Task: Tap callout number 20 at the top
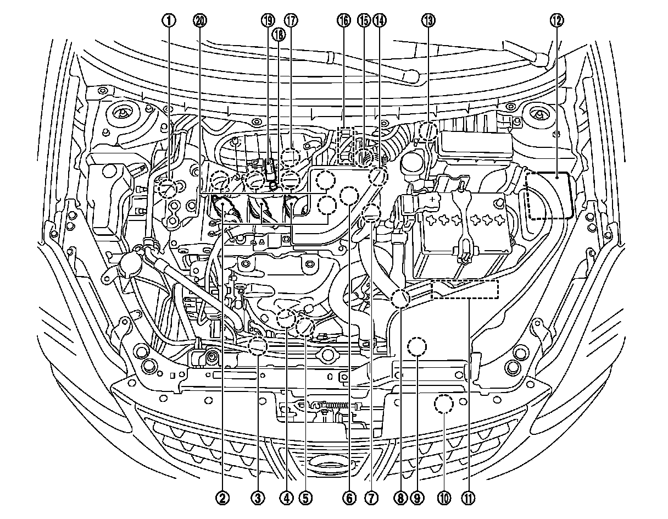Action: click(x=200, y=21)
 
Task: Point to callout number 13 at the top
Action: click(x=428, y=21)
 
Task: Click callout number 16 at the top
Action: click(x=343, y=21)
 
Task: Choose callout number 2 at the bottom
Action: click(x=222, y=498)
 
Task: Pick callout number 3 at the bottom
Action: click(x=258, y=498)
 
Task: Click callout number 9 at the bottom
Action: click(x=417, y=498)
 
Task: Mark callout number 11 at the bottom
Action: click(x=467, y=498)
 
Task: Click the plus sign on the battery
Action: click(x=433, y=199)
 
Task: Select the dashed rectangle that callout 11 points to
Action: click(x=465, y=289)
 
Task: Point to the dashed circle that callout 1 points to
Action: click(x=168, y=189)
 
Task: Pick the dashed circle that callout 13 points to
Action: click(x=428, y=132)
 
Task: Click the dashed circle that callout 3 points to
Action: click(x=258, y=346)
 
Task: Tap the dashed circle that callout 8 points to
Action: click(x=400, y=299)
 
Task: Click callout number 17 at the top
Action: click(x=291, y=21)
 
